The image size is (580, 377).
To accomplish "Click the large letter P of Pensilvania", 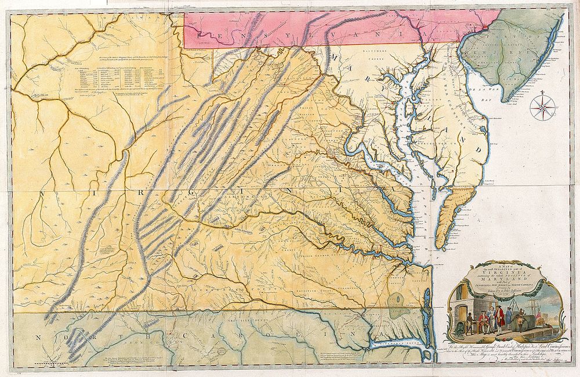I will click(x=200, y=35).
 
